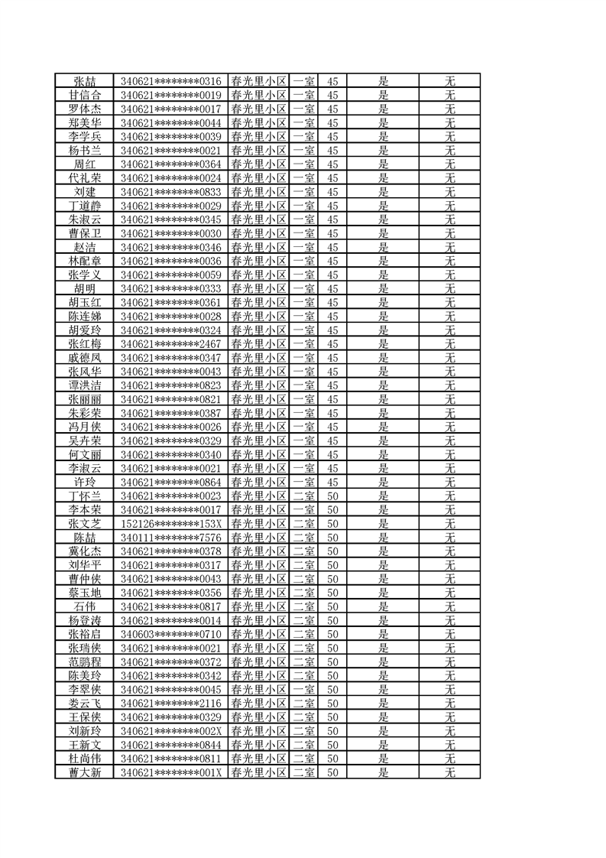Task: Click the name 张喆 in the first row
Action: point(85,81)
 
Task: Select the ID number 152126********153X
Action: point(171,524)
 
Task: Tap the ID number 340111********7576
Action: point(171,538)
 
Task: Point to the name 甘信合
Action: point(85,95)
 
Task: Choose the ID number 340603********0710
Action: point(171,635)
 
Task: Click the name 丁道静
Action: point(85,206)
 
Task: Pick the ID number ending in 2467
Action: point(171,344)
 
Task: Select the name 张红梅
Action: point(85,344)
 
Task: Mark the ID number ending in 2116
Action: point(171,704)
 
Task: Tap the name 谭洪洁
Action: point(85,385)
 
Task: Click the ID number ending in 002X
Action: point(171,731)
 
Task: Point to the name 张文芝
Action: point(85,524)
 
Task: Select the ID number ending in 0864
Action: point(171,483)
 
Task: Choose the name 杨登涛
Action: point(85,620)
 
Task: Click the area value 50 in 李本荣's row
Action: point(332,510)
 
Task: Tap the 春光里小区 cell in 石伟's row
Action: point(258,606)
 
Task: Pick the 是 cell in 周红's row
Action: point(384,164)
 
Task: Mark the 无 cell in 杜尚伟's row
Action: point(450,759)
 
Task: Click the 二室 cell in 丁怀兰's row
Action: point(304,496)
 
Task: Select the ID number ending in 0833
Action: point(171,192)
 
